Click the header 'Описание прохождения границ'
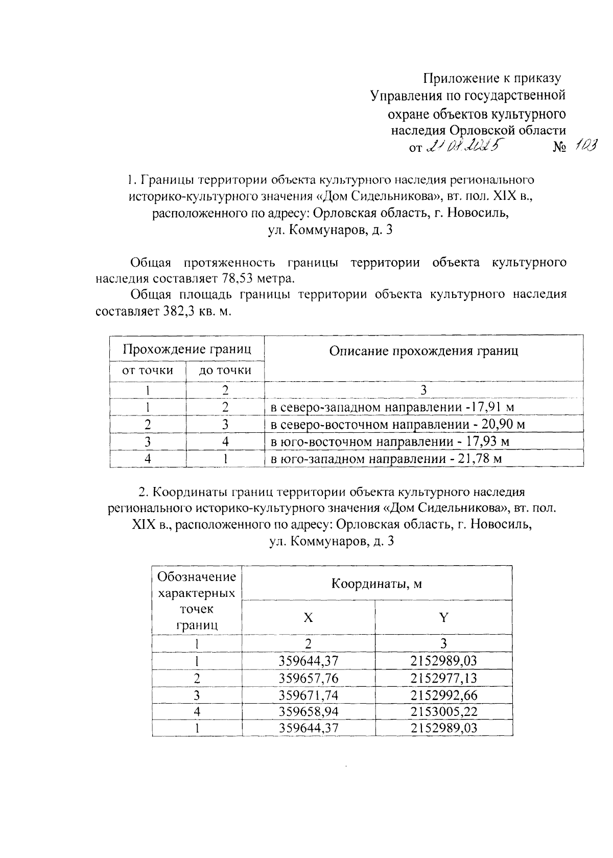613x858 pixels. [x=423, y=351]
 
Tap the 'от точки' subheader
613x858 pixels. [x=148, y=370]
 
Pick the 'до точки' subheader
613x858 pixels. [x=225, y=370]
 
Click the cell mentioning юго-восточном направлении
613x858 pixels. [x=390, y=442]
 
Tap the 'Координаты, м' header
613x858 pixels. [x=377, y=584]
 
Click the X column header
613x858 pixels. [x=309, y=618]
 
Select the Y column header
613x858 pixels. [x=443, y=618]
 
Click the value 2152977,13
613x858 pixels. [x=443, y=678]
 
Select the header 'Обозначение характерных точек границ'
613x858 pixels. [x=197, y=600]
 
